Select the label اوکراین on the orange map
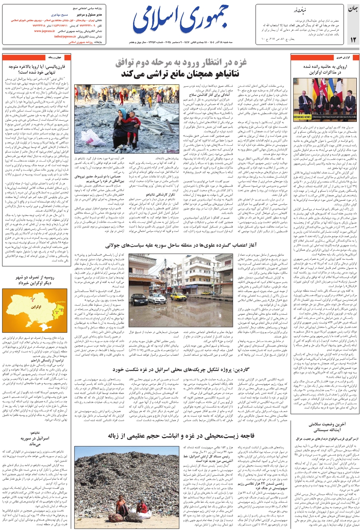(x=36, y=307)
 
